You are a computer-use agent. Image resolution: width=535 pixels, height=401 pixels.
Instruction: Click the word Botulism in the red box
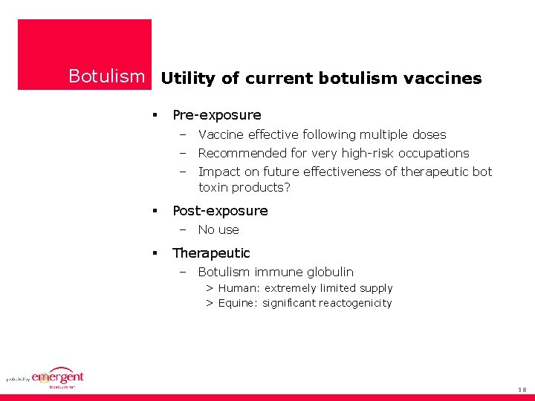click(x=107, y=76)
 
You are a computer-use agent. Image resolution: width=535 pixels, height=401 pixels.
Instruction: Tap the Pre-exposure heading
click(x=216, y=115)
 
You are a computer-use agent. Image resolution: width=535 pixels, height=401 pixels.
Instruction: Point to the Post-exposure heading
click(x=220, y=211)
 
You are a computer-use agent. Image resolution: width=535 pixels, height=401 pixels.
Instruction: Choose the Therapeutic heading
click(x=211, y=253)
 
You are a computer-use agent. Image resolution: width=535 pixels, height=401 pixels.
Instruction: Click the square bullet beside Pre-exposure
click(x=155, y=115)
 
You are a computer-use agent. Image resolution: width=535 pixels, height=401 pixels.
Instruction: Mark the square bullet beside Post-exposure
click(x=155, y=211)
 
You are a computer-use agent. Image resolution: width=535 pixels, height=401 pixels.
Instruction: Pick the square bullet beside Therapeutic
click(x=155, y=253)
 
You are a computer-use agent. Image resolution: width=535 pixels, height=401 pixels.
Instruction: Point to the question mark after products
click(x=287, y=188)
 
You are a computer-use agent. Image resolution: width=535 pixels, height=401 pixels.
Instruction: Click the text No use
click(x=218, y=230)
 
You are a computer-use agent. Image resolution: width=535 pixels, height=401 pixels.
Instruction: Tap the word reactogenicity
click(x=355, y=303)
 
